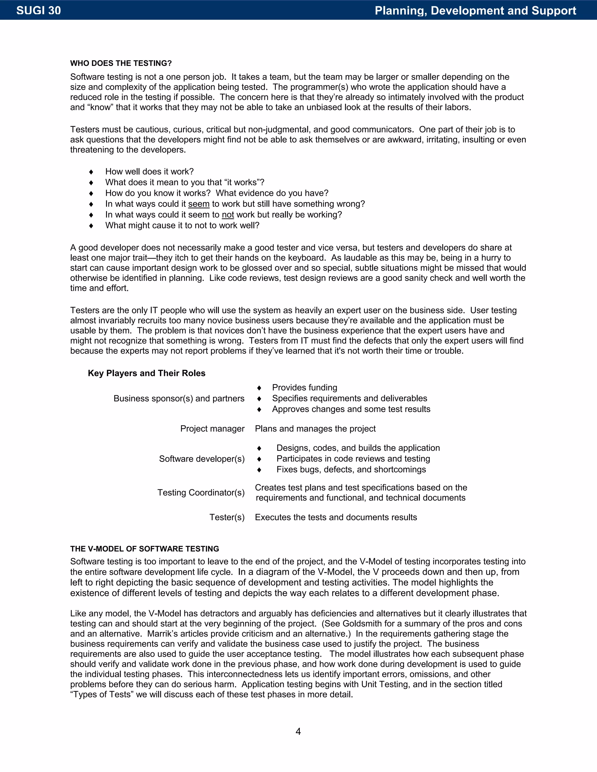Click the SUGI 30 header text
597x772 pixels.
pos(38,10)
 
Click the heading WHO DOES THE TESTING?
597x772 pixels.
pos(121,63)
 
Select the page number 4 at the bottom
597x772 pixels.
pos(298,731)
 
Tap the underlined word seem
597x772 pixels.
pos(199,204)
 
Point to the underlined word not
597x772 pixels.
pos(228,215)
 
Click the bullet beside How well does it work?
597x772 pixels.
pos(91,172)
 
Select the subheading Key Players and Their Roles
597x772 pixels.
pos(146,373)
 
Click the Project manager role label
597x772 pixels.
pos(212,429)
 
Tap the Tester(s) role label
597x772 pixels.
pos(227,517)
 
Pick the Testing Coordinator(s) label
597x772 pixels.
pos(201,492)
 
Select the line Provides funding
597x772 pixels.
pos(305,387)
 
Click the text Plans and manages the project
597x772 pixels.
pos(315,429)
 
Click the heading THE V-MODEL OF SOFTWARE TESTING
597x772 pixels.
pos(144,549)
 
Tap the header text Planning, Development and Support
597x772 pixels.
pos(475,10)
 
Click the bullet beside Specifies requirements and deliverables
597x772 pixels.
pos(259,399)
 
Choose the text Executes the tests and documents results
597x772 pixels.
pos(336,517)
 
